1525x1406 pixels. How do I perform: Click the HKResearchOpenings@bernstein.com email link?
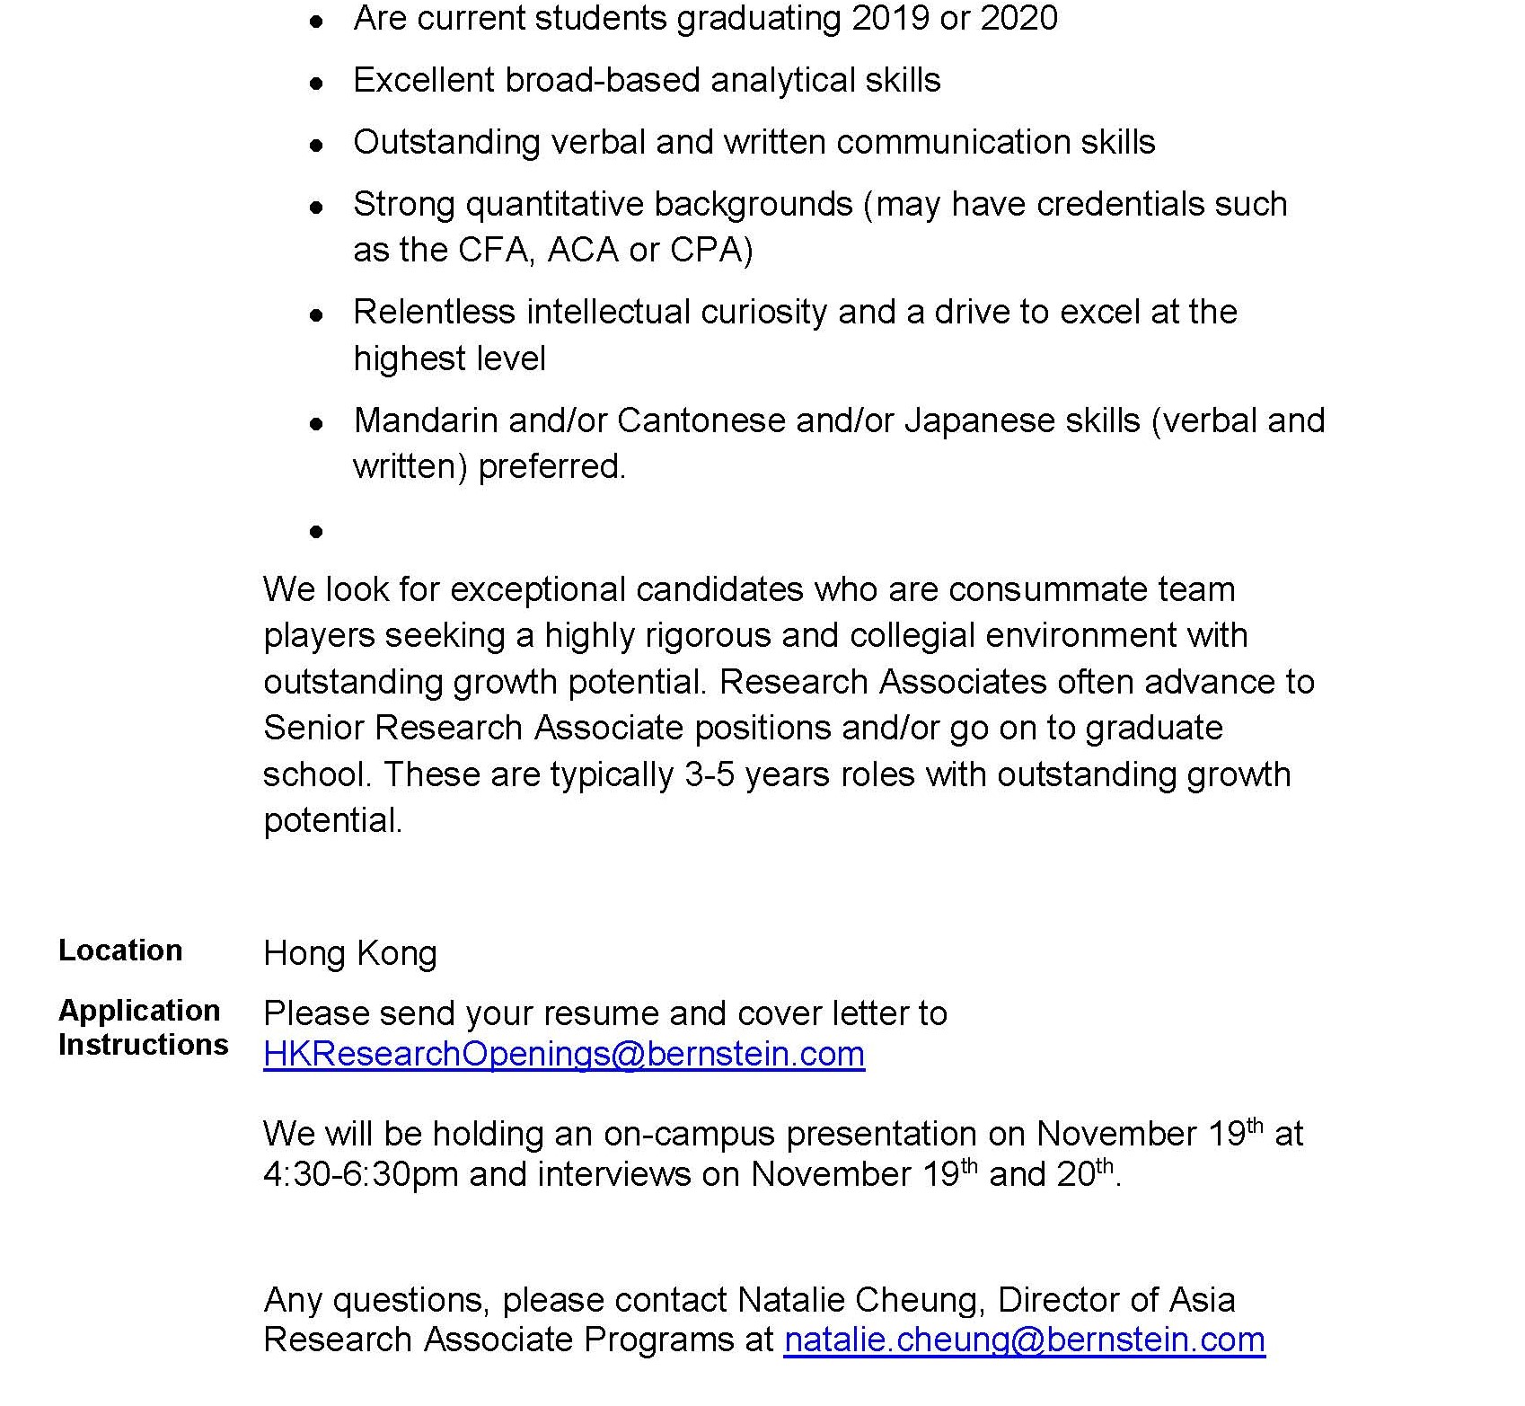564,1054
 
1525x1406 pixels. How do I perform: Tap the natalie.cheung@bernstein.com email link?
1024,1340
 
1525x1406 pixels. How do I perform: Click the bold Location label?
120,951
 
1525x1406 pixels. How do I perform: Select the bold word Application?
139,1011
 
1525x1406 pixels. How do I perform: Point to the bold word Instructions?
144,1045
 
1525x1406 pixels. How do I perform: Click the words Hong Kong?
350,953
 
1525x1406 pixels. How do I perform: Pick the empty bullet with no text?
316,532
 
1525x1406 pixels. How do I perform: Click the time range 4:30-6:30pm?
361,1175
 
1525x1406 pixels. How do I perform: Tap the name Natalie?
791,1300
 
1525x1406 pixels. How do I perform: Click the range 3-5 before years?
710,774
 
